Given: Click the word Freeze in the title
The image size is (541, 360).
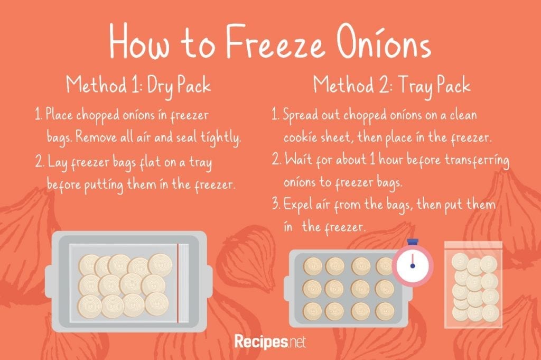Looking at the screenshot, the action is (275, 43).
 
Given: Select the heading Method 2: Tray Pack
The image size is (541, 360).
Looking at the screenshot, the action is (391, 85).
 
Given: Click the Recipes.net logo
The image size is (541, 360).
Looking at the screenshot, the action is (270, 341).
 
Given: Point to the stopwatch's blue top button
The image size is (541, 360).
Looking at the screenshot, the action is (412, 242).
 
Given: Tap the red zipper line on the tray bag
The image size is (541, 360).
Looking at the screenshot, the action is (178, 283).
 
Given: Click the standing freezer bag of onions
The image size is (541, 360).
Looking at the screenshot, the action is (473, 284).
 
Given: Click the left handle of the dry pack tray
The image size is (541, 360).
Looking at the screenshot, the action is (49, 283).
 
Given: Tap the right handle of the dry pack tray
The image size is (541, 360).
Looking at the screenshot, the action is (209, 283).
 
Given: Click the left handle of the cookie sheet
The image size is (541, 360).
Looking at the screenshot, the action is (286, 288).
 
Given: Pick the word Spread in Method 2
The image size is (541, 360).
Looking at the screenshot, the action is (300, 115).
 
